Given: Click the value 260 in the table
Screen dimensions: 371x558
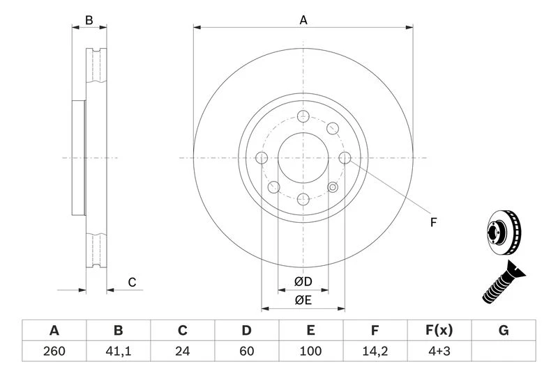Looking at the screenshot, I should [54, 351].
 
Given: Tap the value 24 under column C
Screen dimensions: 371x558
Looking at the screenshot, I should [183, 351].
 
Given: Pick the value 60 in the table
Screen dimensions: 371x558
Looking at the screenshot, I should [246, 351].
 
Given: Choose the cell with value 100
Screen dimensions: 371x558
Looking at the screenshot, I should [311, 351].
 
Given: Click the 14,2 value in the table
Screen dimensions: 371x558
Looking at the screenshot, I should [375, 351].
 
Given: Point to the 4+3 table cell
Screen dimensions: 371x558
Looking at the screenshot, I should [439, 351].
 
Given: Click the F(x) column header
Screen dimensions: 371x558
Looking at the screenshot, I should [439, 330].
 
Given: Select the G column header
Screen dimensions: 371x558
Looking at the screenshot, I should [504, 330].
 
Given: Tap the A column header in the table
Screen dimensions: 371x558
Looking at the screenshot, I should [54, 330].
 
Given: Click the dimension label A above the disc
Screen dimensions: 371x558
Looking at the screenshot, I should [303, 20].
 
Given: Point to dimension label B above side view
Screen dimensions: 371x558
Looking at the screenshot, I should [89, 20].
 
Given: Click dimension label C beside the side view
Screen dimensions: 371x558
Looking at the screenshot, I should [130, 282].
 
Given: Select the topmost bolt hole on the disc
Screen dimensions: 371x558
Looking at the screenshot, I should [303, 117].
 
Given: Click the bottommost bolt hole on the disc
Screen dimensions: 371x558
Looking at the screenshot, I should [303, 199].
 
